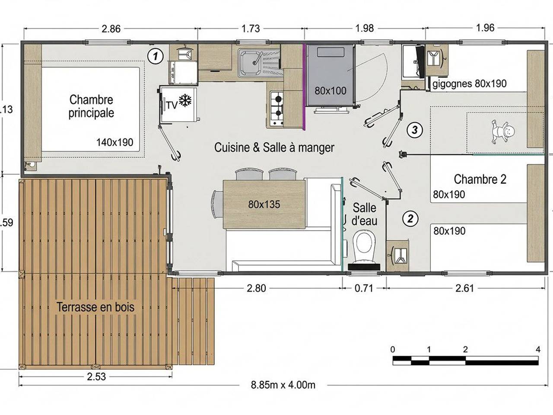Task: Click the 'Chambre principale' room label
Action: coord(91,106)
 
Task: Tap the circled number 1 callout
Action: coord(155,56)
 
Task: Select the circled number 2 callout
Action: coord(410,219)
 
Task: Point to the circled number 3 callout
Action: coord(414,130)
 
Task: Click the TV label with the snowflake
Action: coord(178,104)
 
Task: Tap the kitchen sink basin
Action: coord(250,62)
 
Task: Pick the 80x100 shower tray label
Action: coord(330,91)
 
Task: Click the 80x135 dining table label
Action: coord(264,204)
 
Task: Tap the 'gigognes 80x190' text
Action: coord(469,83)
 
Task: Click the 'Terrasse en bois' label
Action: coord(95,307)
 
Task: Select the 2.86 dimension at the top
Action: coord(111,29)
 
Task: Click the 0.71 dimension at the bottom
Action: coord(364,288)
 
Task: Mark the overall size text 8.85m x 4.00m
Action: coord(283,385)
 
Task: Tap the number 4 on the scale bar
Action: coord(538,349)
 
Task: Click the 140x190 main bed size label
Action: coord(114,142)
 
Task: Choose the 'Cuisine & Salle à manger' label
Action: coord(274,147)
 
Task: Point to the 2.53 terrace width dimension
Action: coord(96,377)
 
